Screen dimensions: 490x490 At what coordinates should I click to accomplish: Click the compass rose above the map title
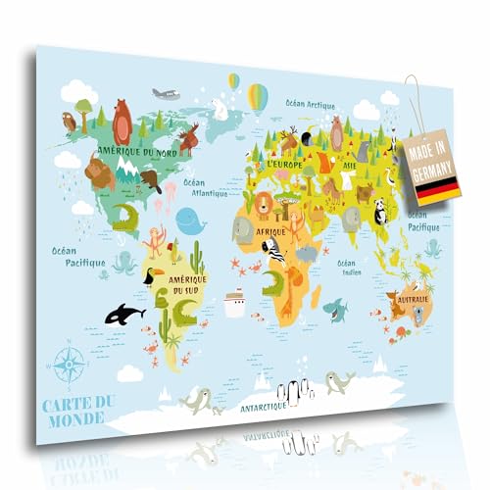70,362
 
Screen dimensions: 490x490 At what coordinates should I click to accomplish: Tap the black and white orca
124,313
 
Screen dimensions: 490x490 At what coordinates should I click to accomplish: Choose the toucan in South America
150,275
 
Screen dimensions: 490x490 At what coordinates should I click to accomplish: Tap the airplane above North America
167,94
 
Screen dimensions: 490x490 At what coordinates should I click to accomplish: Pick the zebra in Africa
275,251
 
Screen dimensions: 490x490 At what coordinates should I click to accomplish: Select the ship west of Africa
234,303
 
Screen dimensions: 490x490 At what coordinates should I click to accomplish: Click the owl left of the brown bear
70,122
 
